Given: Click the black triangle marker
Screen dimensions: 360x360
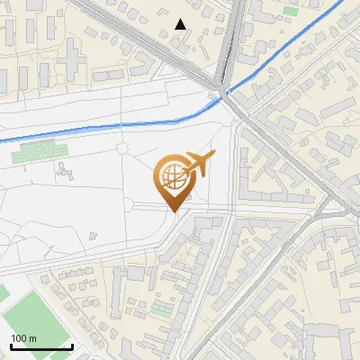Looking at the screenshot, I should [181, 24].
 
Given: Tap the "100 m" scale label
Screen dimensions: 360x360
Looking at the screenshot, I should [23, 338].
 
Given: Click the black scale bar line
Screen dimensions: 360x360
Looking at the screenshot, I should [41, 346].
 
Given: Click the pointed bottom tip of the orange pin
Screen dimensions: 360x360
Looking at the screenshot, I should [174, 211].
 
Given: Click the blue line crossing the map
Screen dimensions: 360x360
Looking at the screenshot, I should [108, 123].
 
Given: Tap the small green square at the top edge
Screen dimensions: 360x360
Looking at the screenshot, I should [290, 11].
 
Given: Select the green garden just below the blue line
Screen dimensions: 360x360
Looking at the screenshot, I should [37, 151].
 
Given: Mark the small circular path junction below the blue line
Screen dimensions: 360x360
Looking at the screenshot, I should [121, 147].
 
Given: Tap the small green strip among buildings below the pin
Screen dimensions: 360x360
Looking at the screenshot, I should [162, 309].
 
